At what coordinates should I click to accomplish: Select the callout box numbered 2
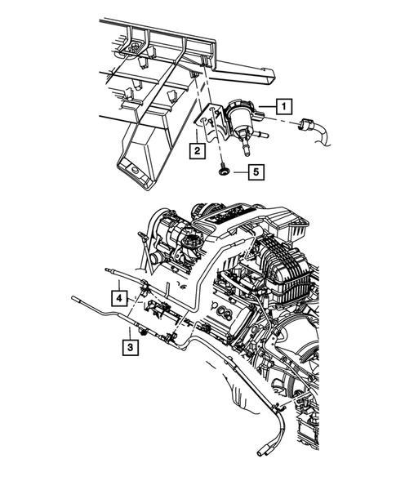(197, 150)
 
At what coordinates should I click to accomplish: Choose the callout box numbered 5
(255, 171)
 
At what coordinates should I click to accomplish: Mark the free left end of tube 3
(74, 296)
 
